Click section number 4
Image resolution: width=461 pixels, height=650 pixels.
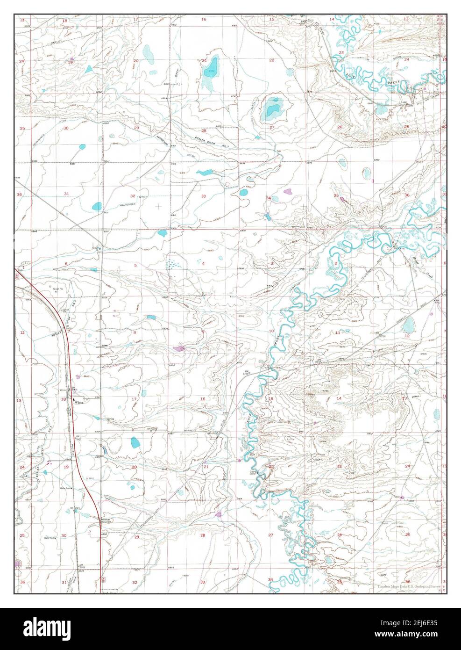click(x=204, y=264)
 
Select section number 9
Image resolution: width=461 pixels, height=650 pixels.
click(x=203, y=332)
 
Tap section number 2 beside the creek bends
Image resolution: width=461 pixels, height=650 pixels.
click(x=336, y=264)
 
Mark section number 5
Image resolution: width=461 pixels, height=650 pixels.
click(x=135, y=265)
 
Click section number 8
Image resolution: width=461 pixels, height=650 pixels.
click(x=135, y=332)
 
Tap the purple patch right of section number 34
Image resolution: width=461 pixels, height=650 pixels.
click(x=287, y=191)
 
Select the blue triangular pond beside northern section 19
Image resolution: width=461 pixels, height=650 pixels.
click(x=89, y=69)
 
